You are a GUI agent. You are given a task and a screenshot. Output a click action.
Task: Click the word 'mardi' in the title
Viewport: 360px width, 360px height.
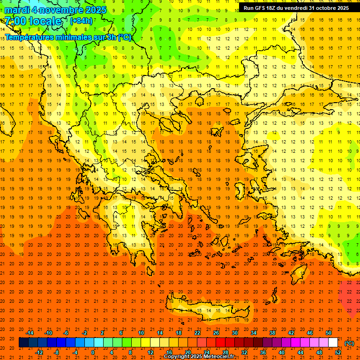[x=16, y=10]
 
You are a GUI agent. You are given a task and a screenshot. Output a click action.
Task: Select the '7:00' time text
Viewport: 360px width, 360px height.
[x=15, y=21]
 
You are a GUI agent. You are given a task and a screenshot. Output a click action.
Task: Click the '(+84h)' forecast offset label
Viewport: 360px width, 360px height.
[x=81, y=21]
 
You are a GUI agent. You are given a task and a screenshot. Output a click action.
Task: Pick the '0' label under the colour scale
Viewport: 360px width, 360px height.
[x=93, y=352]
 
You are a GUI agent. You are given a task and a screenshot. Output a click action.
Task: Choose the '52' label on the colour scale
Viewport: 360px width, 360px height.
[x=337, y=352]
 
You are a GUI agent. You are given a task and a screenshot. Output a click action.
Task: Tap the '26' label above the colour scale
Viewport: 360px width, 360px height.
[x=216, y=333]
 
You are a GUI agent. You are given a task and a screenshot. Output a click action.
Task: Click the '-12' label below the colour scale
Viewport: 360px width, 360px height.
[x=39, y=352]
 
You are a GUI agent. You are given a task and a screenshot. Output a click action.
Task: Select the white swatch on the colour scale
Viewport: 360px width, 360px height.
[x=333, y=343]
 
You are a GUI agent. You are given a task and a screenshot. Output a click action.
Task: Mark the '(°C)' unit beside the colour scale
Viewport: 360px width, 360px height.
[x=349, y=343]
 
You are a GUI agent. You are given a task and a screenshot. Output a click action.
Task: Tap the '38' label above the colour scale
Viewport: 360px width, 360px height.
[x=272, y=333]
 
